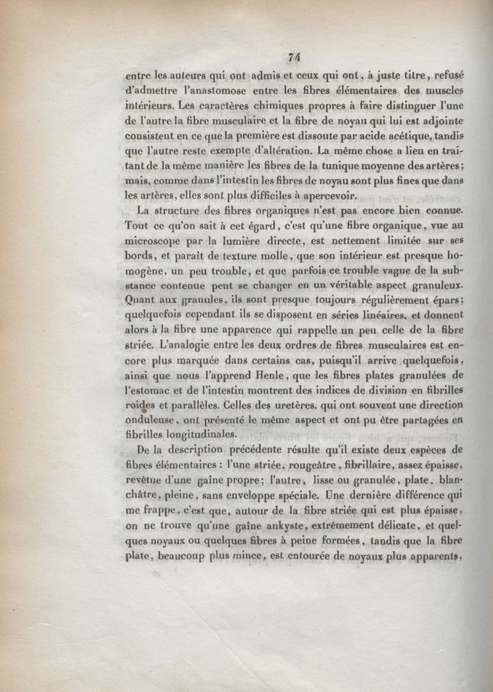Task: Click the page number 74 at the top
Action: point(293,57)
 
